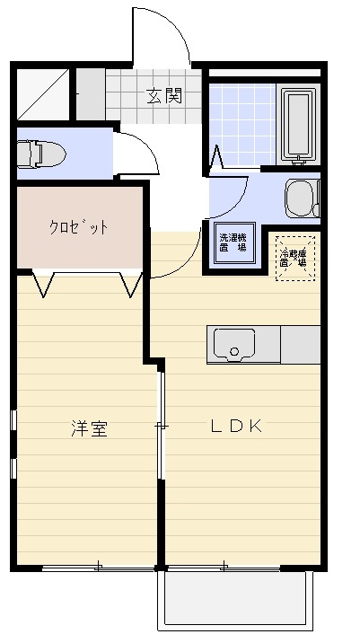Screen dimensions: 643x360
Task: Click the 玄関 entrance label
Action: [x=165, y=95]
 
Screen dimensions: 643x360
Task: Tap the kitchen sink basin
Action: [x=233, y=343]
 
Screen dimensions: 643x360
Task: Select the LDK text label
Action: [x=236, y=427]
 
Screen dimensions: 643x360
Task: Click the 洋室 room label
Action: [x=90, y=428]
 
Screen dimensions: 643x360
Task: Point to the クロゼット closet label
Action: [x=78, y=227]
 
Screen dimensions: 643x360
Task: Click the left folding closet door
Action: [x=43, y=284]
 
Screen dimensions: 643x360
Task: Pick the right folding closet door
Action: [x=131, y=284]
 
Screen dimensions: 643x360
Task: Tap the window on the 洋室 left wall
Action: [x=13, y=445]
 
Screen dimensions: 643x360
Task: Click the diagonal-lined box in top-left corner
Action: [x=42, y=93]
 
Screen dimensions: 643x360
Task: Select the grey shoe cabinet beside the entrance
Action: [x=89, y=93]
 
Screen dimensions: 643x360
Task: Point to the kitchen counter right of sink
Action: [x=300, y=344]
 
